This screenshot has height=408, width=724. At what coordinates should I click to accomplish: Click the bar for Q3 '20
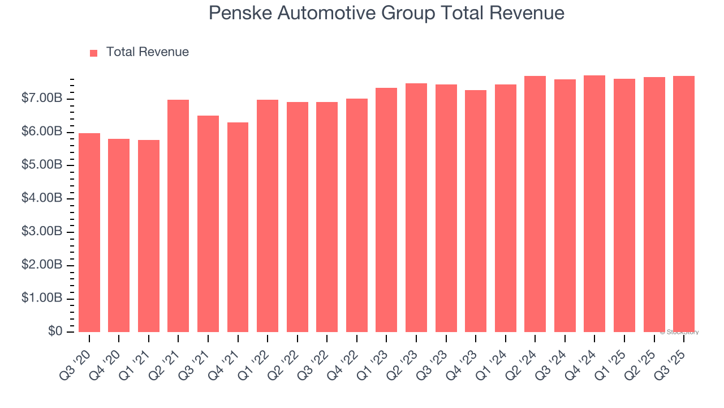point(89,232)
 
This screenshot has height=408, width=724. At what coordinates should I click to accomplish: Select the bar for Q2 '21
point(178,216)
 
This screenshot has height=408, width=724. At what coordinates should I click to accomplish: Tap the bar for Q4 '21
point(238,227)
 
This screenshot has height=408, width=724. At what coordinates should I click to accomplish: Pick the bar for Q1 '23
point(386,210)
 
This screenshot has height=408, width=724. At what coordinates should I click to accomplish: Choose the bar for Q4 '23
point(476,211)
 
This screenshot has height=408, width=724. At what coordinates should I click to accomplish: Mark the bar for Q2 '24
point(535,204)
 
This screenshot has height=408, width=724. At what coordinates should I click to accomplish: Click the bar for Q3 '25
point(684,204)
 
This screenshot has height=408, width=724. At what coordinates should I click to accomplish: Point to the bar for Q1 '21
point(149,236)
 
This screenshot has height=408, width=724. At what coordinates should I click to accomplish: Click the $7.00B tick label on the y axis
point(42,99)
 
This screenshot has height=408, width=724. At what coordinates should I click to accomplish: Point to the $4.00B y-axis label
point(42,198)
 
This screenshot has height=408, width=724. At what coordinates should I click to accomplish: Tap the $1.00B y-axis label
point(42,299)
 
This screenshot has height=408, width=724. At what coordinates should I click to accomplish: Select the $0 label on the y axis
point(55,331)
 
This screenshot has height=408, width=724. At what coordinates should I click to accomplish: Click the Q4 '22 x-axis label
point(346,356)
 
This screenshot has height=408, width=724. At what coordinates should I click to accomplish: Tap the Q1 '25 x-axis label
point(614,356)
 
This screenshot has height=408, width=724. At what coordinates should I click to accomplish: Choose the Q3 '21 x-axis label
point(197,356)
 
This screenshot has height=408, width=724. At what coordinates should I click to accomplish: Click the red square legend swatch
point(94,53)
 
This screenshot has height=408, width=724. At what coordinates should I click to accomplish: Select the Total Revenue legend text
point(148,52)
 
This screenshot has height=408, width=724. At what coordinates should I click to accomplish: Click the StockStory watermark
point(679,332)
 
